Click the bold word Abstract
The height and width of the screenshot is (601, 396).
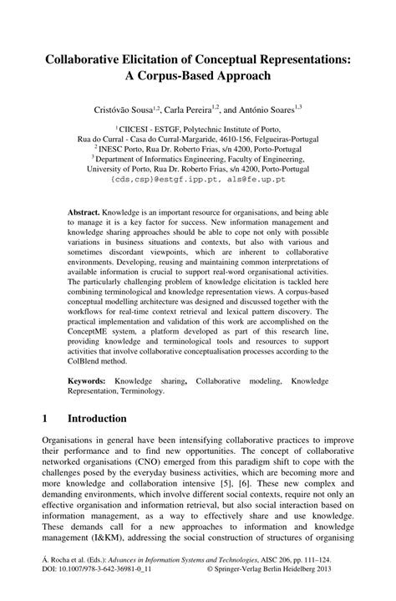click(88, 212)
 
